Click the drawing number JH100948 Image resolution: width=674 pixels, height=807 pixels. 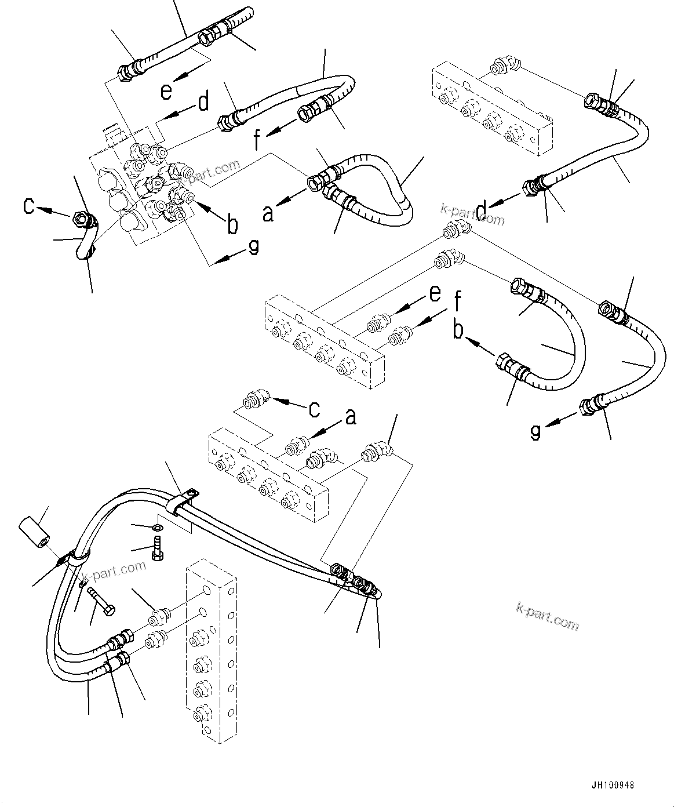pyautogui.click(x=613, y=786)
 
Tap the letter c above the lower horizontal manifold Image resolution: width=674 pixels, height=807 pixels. pyautogui.click(x=314, y=409)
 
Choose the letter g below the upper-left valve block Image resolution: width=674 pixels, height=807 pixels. pyautogui.click(x=253, y=246)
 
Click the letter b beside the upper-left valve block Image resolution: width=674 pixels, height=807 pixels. pyautogui.click(x=232, y=225)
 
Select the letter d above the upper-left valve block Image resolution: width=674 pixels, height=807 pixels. pyautogui.click(x=203, y=102)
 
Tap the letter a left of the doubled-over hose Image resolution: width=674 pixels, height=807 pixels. pyautogui.click(x=267, y=213)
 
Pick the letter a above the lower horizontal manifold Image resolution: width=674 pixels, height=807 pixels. pyautogui.click(x=350, y=417)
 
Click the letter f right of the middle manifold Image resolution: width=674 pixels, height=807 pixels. pyautogui.click(x=458, y=301)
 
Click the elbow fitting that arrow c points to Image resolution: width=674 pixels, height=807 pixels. pyautogui.click(x=255, y=401)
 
